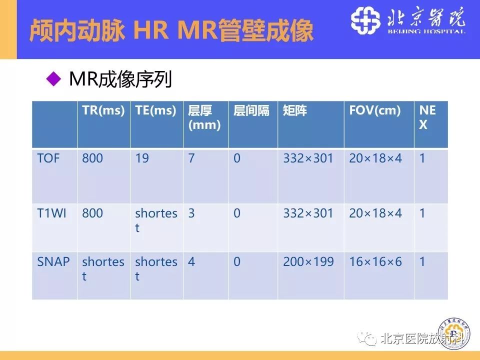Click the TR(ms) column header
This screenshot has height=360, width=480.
pos(103,111)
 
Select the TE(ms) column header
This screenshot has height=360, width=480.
pos(155,111)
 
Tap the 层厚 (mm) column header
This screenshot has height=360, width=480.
pos(204,118)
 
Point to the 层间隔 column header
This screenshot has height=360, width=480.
pos(251,111)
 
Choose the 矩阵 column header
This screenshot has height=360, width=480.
pos(295,111)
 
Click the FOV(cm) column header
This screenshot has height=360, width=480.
pos(375,111)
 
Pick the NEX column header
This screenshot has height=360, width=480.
pos(427,118)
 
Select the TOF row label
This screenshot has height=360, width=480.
pos(48,158)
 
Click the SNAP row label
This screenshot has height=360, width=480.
pos(53,261)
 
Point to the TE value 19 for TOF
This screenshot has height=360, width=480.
pos(142,158)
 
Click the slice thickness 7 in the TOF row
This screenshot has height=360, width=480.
pos(191,158)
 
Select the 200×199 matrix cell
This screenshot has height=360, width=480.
pos(308,261)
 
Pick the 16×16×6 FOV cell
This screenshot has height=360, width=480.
pos(375,261)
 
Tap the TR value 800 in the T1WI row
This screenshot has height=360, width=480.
pos(92,213)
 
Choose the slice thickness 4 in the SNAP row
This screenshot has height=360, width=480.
pos(191,261)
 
